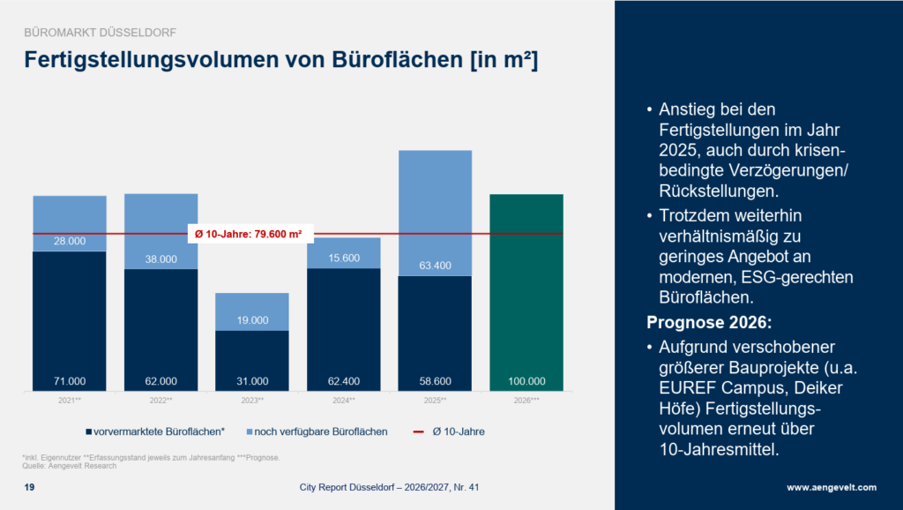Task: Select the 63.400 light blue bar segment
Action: [435, 213]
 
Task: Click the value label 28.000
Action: [70, 242]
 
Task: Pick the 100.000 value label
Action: [526, 382]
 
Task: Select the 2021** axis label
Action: [70, 401]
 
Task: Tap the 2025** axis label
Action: [435, 401]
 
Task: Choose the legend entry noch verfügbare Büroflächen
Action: [319, 432]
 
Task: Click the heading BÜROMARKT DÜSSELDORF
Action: [99, 33]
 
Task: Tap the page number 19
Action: [29, 488]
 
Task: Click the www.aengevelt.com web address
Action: [832, 488]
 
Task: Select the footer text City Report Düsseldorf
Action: [353, 488]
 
